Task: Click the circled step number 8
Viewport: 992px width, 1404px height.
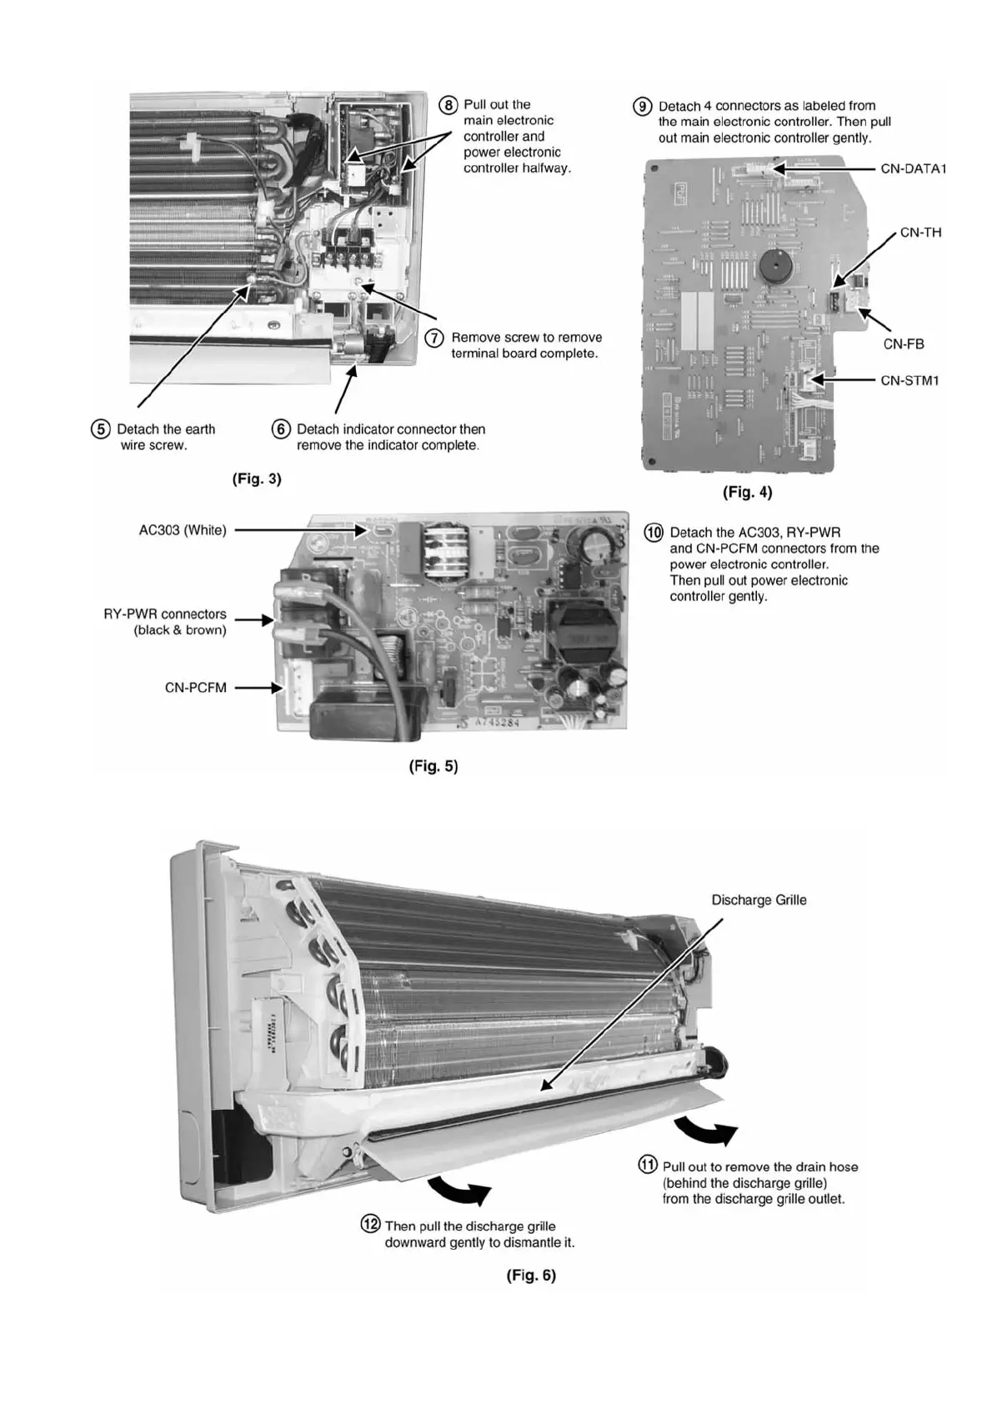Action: (448, 105)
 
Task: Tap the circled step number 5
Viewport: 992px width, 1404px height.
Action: (100, 429)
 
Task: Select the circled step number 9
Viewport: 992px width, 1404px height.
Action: (643, 107)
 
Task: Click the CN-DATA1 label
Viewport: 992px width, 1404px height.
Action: (913, 168)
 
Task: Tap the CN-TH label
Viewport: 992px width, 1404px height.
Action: (920, 233)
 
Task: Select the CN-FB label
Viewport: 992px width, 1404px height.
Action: (904, 343)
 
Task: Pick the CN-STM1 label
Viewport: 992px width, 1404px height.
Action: (909, 380)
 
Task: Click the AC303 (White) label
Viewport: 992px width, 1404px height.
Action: (183, 530)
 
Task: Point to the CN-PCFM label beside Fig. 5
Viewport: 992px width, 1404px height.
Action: (195, 688)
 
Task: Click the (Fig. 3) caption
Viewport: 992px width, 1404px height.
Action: (257, 479)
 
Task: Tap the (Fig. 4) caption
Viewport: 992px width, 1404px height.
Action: (747, 492)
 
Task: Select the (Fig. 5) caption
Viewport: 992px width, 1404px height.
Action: (433, 765)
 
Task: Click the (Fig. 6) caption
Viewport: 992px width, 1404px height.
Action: (531, 1275)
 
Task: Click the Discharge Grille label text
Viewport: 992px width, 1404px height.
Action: (759, 900)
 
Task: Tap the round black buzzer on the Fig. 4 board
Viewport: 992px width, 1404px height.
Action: (775, 266)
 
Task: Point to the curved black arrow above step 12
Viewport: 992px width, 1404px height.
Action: (459, 1191)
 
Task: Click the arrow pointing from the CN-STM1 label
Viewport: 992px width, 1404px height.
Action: (842, 380)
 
